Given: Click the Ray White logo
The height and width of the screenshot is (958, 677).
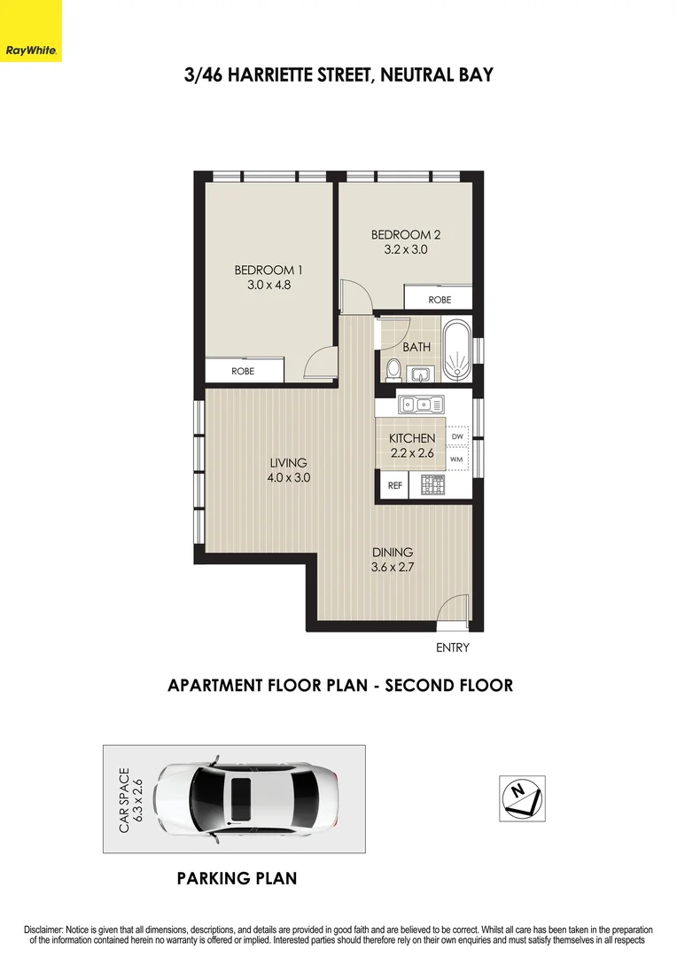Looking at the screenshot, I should pos(31,31).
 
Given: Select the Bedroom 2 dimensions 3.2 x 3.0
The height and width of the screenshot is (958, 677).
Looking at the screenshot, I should pos(405,250).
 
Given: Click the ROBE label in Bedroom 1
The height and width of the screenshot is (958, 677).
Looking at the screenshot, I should pos(243,371).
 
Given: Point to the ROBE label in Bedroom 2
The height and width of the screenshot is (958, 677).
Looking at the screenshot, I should pos(440,300).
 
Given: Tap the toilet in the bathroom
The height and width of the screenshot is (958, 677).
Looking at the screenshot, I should pos(392,367).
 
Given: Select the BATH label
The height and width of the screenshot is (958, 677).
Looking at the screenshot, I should pos(416,348).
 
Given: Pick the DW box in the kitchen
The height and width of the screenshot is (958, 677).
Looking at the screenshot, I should pos(457,437).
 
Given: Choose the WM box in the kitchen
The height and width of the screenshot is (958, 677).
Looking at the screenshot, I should pos(457,459).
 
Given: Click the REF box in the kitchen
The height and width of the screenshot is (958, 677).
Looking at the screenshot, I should pos(394,485).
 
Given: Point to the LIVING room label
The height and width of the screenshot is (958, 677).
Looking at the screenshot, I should pos(289,462).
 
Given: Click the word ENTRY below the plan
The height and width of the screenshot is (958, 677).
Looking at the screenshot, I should pos(452,648).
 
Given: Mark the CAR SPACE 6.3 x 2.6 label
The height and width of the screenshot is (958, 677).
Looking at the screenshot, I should pos(130,798).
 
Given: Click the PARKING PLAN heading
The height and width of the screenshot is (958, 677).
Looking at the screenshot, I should pos(237,879).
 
